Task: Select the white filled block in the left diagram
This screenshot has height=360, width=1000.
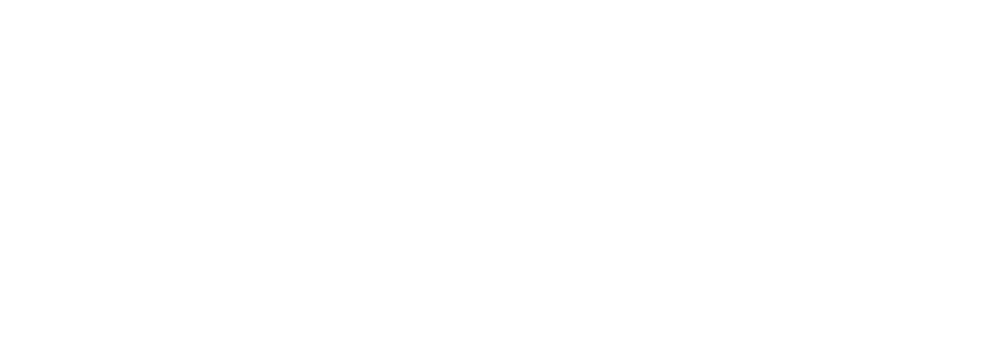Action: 123,228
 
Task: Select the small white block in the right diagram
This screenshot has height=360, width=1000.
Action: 629,257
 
